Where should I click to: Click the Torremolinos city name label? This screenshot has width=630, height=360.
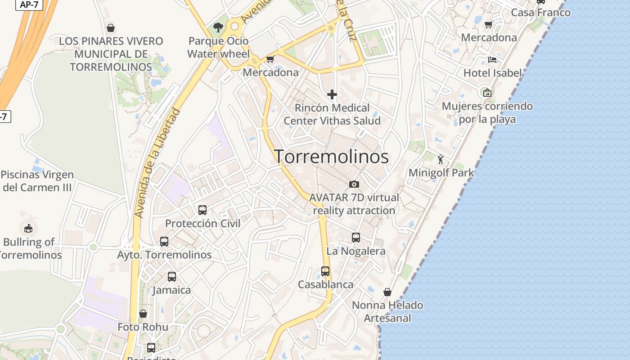click(x=332, y=157)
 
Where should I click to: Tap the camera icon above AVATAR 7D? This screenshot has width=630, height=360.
click(x=354, y=184)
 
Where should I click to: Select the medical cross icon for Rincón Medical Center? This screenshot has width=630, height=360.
click(x=332, y=94)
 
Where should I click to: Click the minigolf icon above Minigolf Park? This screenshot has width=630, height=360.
click(x=441, y=159)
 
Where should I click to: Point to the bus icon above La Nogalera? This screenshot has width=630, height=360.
click(x=356, y=237)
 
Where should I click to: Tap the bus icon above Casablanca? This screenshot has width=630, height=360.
click(x=325, y=271)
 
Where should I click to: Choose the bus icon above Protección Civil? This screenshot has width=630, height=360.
click(x=202, y=210)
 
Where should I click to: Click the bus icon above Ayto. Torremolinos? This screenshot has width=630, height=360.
click(x=164, y=241)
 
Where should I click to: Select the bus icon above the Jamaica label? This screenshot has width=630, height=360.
click(x=172, y=276)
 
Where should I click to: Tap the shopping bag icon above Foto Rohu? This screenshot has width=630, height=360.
click(x=143, y=313)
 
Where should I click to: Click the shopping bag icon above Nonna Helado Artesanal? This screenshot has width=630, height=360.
click(x=387, y=292)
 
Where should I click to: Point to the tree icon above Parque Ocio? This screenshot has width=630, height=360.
click(x=218, y=27)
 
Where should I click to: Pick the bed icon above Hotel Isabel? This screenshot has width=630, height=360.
click(x=492, y=59)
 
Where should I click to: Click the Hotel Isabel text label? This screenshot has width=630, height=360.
click(x=492, y=73)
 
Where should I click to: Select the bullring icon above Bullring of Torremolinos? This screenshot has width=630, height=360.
click(x=28, y=228)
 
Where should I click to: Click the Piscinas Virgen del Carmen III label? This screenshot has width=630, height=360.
click(x=37, y=181)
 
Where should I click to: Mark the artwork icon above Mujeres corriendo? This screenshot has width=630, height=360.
click(x=487, y=93)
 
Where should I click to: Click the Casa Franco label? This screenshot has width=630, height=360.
click(x=540, y=13)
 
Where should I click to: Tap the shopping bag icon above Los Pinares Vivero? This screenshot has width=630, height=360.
click(x=111, y=28)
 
